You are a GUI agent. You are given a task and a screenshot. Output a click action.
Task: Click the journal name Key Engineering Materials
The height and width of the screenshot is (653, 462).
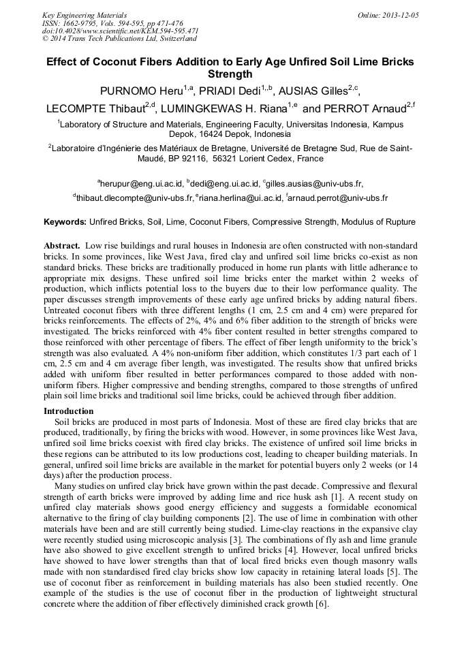click(84, 15)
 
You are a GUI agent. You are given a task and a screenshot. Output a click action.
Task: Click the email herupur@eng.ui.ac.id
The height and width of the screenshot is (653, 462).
click(141, 183)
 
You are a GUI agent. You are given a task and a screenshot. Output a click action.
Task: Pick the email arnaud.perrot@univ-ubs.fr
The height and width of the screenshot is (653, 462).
click(339, 198)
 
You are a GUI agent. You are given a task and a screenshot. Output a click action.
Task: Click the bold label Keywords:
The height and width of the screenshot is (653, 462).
click(65, 223)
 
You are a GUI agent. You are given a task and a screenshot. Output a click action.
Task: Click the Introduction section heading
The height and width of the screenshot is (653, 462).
click(69, 411)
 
